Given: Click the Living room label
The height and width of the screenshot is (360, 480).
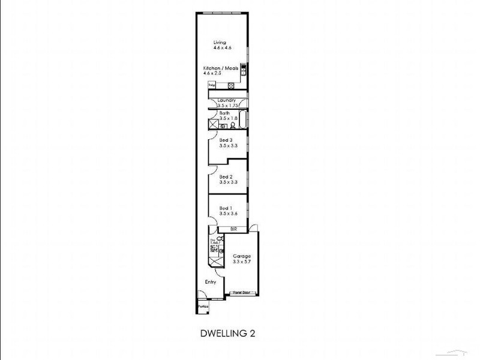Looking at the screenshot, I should coord(220,42).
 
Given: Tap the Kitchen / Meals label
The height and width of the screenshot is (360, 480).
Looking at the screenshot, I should coord(220,68).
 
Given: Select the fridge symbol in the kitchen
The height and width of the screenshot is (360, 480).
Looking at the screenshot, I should coord(212,85).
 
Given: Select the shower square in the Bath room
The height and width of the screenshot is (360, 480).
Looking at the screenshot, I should coord(214,124).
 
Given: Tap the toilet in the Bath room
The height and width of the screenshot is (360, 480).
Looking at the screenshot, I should coord(232,125).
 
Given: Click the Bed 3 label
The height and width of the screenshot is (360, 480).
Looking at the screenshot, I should coord(226,140).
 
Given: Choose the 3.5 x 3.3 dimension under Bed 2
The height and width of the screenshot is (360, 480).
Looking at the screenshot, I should coord(229,182).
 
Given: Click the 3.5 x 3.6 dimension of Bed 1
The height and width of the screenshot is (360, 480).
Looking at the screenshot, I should coord(229,214).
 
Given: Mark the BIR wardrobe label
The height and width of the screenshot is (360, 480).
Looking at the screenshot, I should coord(233,229).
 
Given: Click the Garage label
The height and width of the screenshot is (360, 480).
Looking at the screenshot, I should coord(242,256).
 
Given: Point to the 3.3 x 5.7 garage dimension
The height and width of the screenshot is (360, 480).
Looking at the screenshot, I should coord(242,262).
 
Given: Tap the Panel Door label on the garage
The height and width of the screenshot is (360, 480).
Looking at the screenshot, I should coord(242,293).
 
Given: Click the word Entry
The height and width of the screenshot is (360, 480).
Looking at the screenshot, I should coord(211,282).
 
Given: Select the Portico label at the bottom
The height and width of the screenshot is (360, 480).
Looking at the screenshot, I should coord(203,307).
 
